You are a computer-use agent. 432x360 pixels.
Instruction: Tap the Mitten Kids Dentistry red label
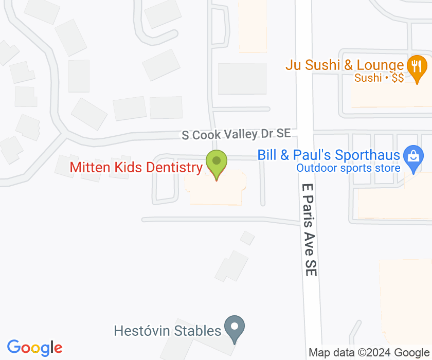pos(136,168)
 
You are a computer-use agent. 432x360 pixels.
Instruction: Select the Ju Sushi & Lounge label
pos(345,65)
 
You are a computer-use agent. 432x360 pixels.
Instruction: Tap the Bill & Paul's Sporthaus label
pos(329,155)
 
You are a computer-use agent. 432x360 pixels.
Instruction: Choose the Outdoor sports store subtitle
pos(348,168)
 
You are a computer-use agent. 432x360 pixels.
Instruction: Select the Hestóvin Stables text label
pos(168,330)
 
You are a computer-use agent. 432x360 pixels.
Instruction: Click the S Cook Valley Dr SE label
pos(236,134)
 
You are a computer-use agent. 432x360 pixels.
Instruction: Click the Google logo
pos(34,348)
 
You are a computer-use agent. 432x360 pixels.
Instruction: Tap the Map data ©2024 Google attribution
pos(368,353)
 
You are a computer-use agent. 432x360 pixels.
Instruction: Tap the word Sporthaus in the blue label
pos(368,155)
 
